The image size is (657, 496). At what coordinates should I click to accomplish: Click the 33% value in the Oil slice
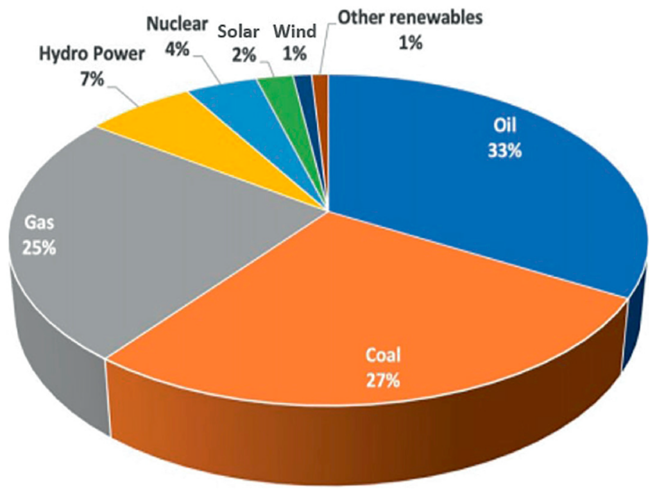[504, 151]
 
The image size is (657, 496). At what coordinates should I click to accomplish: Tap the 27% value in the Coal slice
[384, 381]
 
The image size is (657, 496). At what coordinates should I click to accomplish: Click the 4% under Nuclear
[177, 49]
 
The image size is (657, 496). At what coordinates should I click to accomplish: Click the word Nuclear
[176, 25]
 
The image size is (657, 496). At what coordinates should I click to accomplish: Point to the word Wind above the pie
[294, 31]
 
